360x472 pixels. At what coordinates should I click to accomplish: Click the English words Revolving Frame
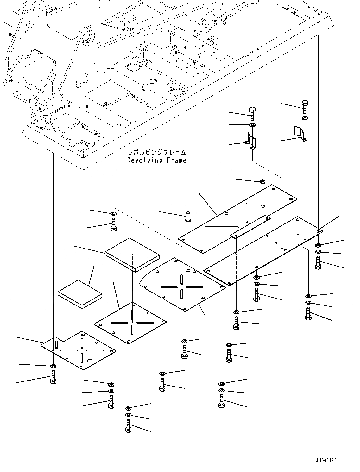156,160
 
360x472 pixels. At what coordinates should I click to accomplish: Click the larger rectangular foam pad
132,255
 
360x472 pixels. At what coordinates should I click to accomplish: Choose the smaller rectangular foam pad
80,294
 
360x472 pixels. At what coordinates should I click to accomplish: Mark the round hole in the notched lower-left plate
90,360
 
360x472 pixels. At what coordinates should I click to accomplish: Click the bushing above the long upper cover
262,182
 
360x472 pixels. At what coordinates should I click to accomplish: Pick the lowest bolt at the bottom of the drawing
128,426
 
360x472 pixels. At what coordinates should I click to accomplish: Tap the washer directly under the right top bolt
304,118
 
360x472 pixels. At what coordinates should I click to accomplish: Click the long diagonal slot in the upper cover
221,227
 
